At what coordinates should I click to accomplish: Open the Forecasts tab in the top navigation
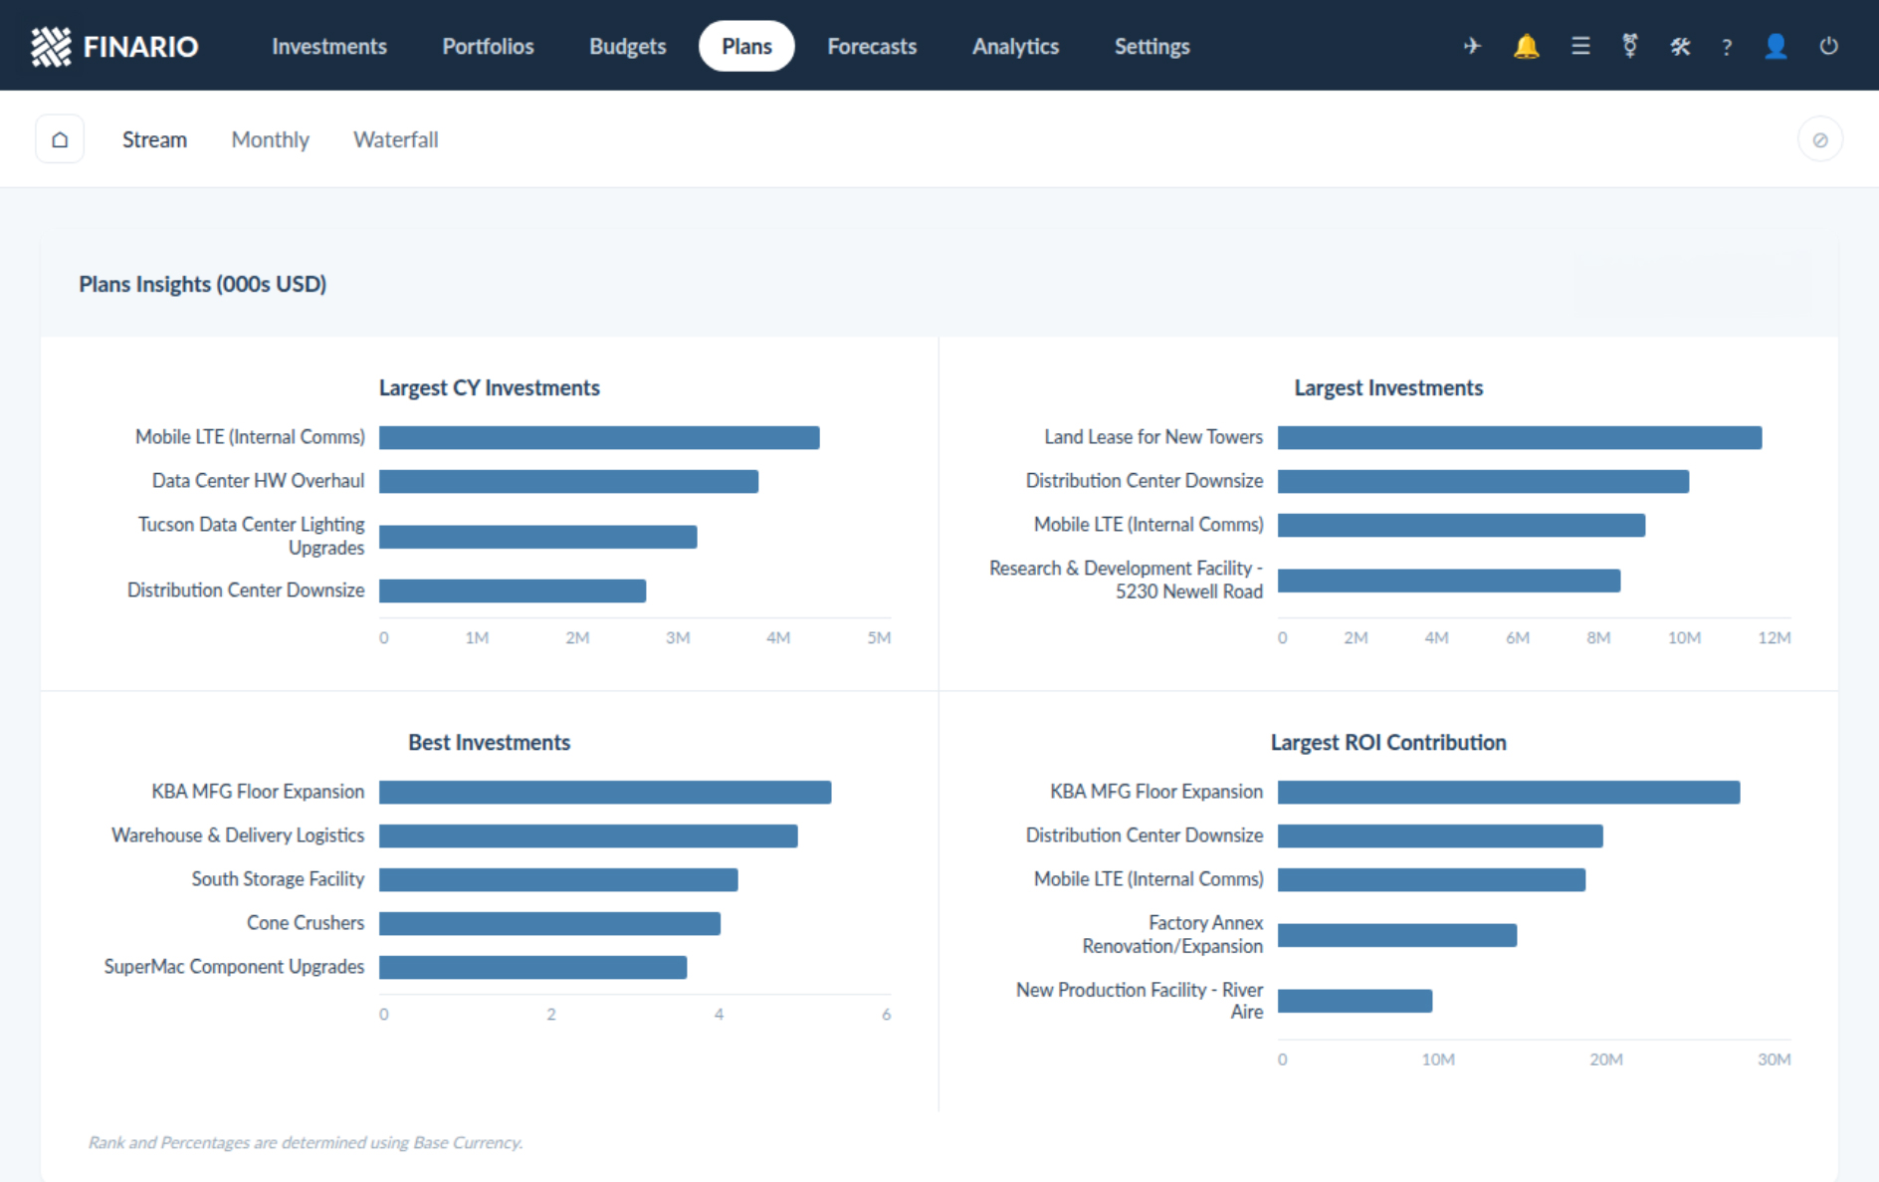click(x=872, y=46)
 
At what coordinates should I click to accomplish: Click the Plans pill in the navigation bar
click(x=746, y=46)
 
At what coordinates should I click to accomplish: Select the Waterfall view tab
click(x=395, y=139)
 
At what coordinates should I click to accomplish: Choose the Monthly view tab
click(x=270, y=139)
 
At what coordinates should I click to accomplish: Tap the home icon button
click(x=60, y=139)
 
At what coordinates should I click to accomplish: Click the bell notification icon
click(x=1526, y=46)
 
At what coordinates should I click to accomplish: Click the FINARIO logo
click(x=114, y=46)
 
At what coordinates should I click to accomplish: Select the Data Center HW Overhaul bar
click(x=568, y=481)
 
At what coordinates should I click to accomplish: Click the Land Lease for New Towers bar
click(x=1520, y=437)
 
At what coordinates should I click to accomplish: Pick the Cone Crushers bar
click(x=549, y=923)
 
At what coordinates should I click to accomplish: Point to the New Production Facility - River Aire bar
click(x=1355, y=1001)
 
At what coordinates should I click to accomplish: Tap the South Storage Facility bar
click(x=558, y=879)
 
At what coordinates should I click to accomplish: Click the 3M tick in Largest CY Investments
click(x=678, y=637)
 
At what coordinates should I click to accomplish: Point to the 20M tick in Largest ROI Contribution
click(x=1605, y=1060)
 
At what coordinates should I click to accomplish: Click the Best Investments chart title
click(x=489, y=742)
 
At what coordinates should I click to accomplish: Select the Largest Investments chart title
click(x=1388, y=387)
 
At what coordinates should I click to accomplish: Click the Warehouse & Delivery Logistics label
click(x=238, y=834)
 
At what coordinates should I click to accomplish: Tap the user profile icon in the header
click(x=1775, y=46)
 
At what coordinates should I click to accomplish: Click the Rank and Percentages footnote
click(x=305, y=1142)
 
